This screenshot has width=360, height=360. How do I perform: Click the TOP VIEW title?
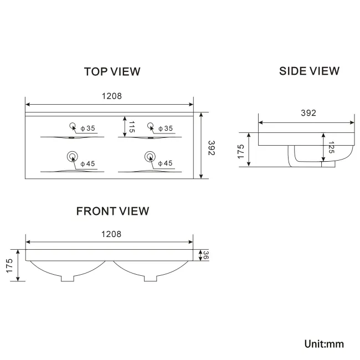point(112,71)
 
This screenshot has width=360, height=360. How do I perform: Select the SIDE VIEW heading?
point(309,71)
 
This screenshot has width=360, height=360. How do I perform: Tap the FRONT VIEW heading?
point(112,211)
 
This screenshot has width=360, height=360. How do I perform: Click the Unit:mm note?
point(324,344)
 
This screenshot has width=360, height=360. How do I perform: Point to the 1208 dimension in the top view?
point(111,96)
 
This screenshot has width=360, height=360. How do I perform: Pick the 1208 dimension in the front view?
point(111,234)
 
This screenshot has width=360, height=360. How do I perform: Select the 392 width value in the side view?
point(308,113)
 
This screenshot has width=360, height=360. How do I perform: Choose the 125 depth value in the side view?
point(331,148)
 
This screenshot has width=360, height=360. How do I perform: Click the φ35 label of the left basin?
point(88,128)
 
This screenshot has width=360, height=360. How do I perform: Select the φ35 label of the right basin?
point(165,128)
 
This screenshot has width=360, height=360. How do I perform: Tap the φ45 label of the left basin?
point(88,163)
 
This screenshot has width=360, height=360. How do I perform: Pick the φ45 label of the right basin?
point(165,163)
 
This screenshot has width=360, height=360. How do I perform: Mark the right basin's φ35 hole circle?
point(149,125)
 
